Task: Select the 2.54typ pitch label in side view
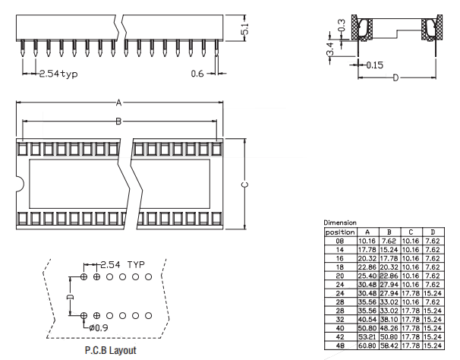pos(58,74)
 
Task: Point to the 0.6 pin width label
pos(197,74)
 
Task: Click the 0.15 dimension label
pos(373,65)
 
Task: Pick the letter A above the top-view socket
pos(118,103)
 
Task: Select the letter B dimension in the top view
pos(118,121)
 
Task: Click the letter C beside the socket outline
pos(244,185)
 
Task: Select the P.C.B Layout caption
pos(111,350)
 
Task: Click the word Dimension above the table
pos(339,223)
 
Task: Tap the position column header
pos(340,232)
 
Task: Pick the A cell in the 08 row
pos(367,241)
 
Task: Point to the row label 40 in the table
pos(340,327)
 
